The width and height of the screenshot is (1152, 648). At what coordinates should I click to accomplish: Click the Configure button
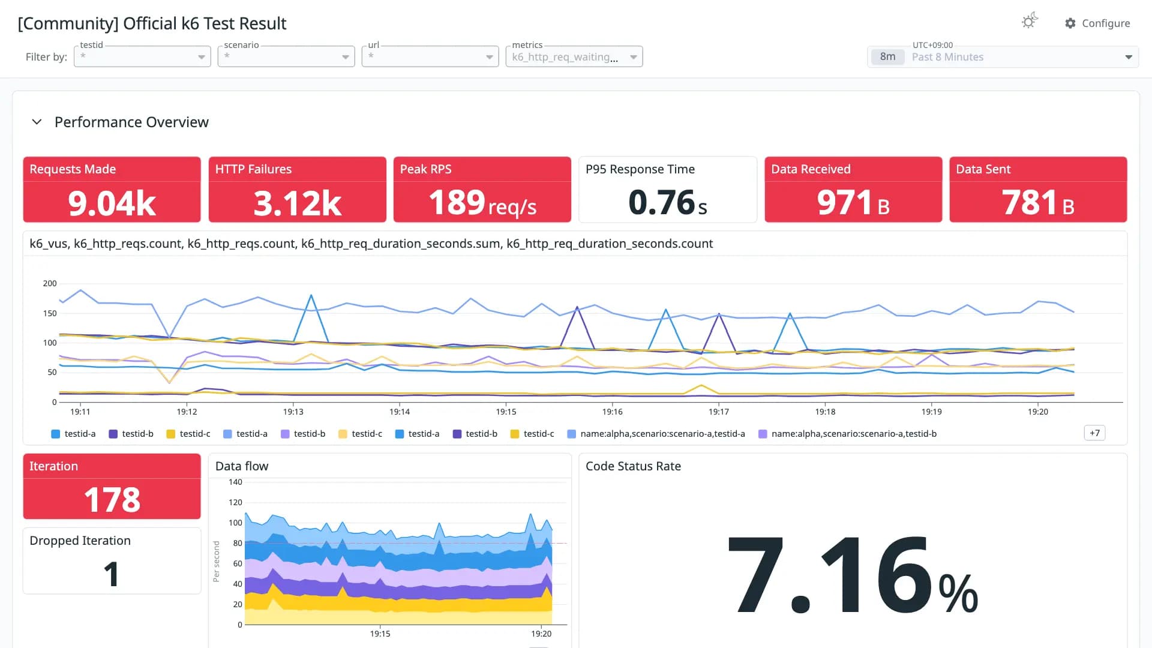point(1097,23)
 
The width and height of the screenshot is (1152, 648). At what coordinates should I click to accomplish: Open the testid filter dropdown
point(142,57)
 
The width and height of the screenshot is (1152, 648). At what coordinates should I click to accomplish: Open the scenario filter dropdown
point(286,57)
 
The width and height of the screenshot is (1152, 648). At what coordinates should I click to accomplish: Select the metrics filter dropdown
point(574,57)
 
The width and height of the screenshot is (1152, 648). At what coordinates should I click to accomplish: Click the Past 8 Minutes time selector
point(1003,57)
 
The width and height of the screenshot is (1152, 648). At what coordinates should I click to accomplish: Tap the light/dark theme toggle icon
point(1030,22)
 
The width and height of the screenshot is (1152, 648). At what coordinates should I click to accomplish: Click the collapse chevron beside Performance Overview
point(37,122)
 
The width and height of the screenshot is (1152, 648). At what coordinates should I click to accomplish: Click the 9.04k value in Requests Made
point(112,203)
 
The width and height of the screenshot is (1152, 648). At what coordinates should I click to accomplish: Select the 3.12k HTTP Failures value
point(298,203)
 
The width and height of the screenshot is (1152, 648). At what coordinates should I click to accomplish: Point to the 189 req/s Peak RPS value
point(482,203)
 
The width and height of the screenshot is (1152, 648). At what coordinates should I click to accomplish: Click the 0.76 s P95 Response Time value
point(668,203)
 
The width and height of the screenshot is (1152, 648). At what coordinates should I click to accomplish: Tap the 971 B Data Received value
point(853,203)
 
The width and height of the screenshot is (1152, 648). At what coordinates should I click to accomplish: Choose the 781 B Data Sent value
point(1038,203)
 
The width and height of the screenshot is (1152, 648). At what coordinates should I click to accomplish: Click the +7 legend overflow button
point(1095,433)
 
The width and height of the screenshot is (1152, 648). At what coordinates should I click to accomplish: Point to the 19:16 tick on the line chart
point(613,412)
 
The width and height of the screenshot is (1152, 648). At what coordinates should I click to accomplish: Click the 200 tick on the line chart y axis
point(50,283)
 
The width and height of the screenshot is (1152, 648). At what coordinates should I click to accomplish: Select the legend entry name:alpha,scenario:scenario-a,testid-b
point(848,434)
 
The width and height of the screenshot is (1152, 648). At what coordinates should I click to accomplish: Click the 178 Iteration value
point(112,500)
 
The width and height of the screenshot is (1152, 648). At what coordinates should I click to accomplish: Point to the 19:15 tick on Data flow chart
point(380,634)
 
